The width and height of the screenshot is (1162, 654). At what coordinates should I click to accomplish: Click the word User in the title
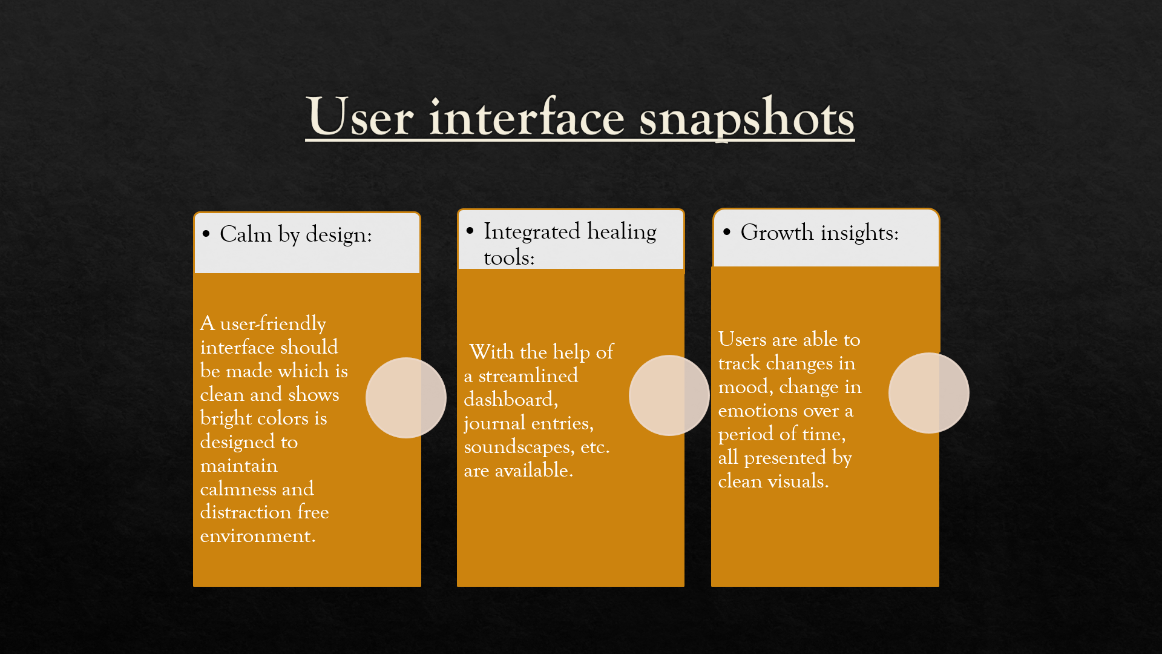[361, 116]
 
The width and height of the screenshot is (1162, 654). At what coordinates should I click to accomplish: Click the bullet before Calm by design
[206, 234]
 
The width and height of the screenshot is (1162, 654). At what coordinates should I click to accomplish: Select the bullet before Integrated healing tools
[470, 230]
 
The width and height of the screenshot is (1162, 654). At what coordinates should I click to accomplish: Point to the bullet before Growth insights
[727, 231]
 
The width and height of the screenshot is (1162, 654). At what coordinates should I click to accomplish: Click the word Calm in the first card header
[246, 234]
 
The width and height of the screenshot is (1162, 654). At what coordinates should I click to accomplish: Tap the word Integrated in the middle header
[532, 232]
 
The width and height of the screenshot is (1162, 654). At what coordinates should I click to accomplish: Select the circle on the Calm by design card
[406, 398]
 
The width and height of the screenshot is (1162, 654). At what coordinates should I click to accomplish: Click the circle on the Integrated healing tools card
[669, 395]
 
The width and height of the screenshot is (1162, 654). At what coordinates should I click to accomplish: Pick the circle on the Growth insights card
[929, 393]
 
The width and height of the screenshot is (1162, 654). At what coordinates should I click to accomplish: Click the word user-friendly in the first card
[273, 323]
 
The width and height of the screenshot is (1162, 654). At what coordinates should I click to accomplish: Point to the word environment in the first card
[258, 536]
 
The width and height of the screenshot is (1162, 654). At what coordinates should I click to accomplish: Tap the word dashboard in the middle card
[511, 399]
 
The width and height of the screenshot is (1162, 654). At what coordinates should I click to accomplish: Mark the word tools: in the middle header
[509, 258]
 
